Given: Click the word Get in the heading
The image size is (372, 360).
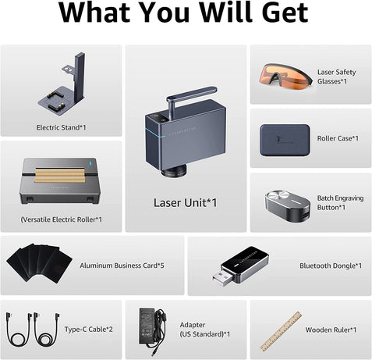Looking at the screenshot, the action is click(285, 12).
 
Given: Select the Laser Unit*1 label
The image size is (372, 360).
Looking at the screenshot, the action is click(185, 203).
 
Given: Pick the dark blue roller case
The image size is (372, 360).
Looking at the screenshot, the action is click(285, 140).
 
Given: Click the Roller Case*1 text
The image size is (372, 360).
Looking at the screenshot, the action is click(338, 138).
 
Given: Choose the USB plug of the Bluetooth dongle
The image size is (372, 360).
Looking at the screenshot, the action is click(222, 278).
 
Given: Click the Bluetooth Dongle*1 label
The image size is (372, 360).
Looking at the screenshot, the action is click(331, 266).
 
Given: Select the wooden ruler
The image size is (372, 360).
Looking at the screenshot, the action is click(281, 331).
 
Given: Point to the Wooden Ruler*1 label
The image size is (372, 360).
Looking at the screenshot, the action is click(331, 330).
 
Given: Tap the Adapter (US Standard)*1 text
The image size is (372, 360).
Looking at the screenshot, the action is click(205, 330).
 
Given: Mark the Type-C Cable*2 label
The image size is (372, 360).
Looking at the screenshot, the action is click(89, 330).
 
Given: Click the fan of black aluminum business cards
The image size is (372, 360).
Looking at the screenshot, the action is click(40, 263).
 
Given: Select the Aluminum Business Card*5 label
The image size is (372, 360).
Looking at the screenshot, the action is click(122, 266).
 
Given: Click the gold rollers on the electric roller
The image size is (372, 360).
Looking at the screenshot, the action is click(60, 175).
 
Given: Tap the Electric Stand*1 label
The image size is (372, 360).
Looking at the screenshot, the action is click(61, 127).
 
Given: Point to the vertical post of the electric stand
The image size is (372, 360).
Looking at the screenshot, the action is click(80, 77).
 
